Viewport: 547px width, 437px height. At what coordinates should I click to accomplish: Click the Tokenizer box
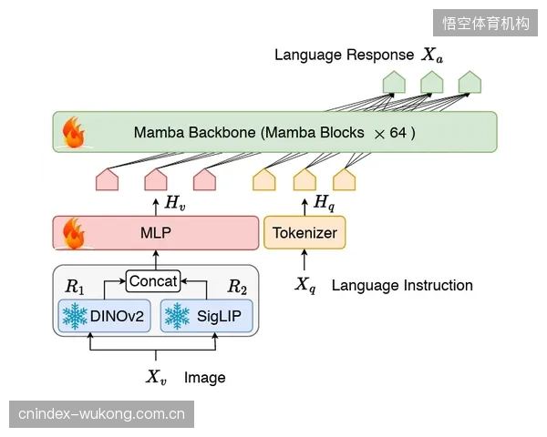pyautogui.click(x=304, y=232)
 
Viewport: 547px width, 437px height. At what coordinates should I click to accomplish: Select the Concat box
pyautogui.click(x=153, y=281)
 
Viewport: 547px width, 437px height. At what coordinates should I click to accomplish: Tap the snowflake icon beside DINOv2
pyautogui.click(x=75, y=316)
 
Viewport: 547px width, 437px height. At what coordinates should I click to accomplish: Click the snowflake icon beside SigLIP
pyautogui.click(x=177, y=316)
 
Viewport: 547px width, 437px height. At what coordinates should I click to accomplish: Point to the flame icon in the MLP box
pyautogui.click(x=74, y=233)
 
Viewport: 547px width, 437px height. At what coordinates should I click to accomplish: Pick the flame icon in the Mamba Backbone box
pyautogui.click(x=74, y=132)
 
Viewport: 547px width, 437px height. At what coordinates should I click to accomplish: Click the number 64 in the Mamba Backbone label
pyautogui.click(x=397, y=133)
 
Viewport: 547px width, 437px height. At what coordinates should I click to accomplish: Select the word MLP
pyautogui.click(x=156, y=233)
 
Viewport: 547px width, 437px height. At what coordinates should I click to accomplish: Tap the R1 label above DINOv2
pyautogui.click(x=75, y=287)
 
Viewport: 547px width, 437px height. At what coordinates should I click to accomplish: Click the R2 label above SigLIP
pyautogui.click(x=237, y=287)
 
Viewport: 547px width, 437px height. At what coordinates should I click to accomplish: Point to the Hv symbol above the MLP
pyautogui.click(x=175, y=203)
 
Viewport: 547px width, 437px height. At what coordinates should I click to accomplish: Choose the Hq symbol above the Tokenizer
pyautogui.click(x=324, y=202)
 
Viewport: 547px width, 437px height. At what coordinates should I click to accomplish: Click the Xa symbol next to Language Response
pyautogui.click(x=432, y=55)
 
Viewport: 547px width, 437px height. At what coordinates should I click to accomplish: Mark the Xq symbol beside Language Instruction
pyautogui.click(x=305, y=285)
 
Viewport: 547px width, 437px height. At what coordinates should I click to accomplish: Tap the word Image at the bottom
pyautogui.click(x=205, y=378)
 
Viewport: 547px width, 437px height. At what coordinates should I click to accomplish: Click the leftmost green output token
pyautogui.click(x=394, y=82)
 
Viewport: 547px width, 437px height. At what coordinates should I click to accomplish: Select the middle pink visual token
pyautogui.click(x=156, y=179)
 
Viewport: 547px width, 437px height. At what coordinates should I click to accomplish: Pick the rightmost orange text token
pyautogui.click(x=345, y=179)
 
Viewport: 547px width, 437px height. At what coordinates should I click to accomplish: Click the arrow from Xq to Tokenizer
pyautogui.click(x=304, y=260)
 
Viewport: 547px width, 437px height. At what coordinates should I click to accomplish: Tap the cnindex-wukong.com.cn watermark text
pyautogui.click(x=101, y=414)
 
